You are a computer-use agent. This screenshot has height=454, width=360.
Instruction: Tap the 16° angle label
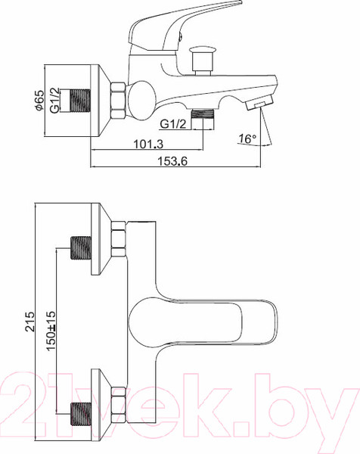tap(247, 139)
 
